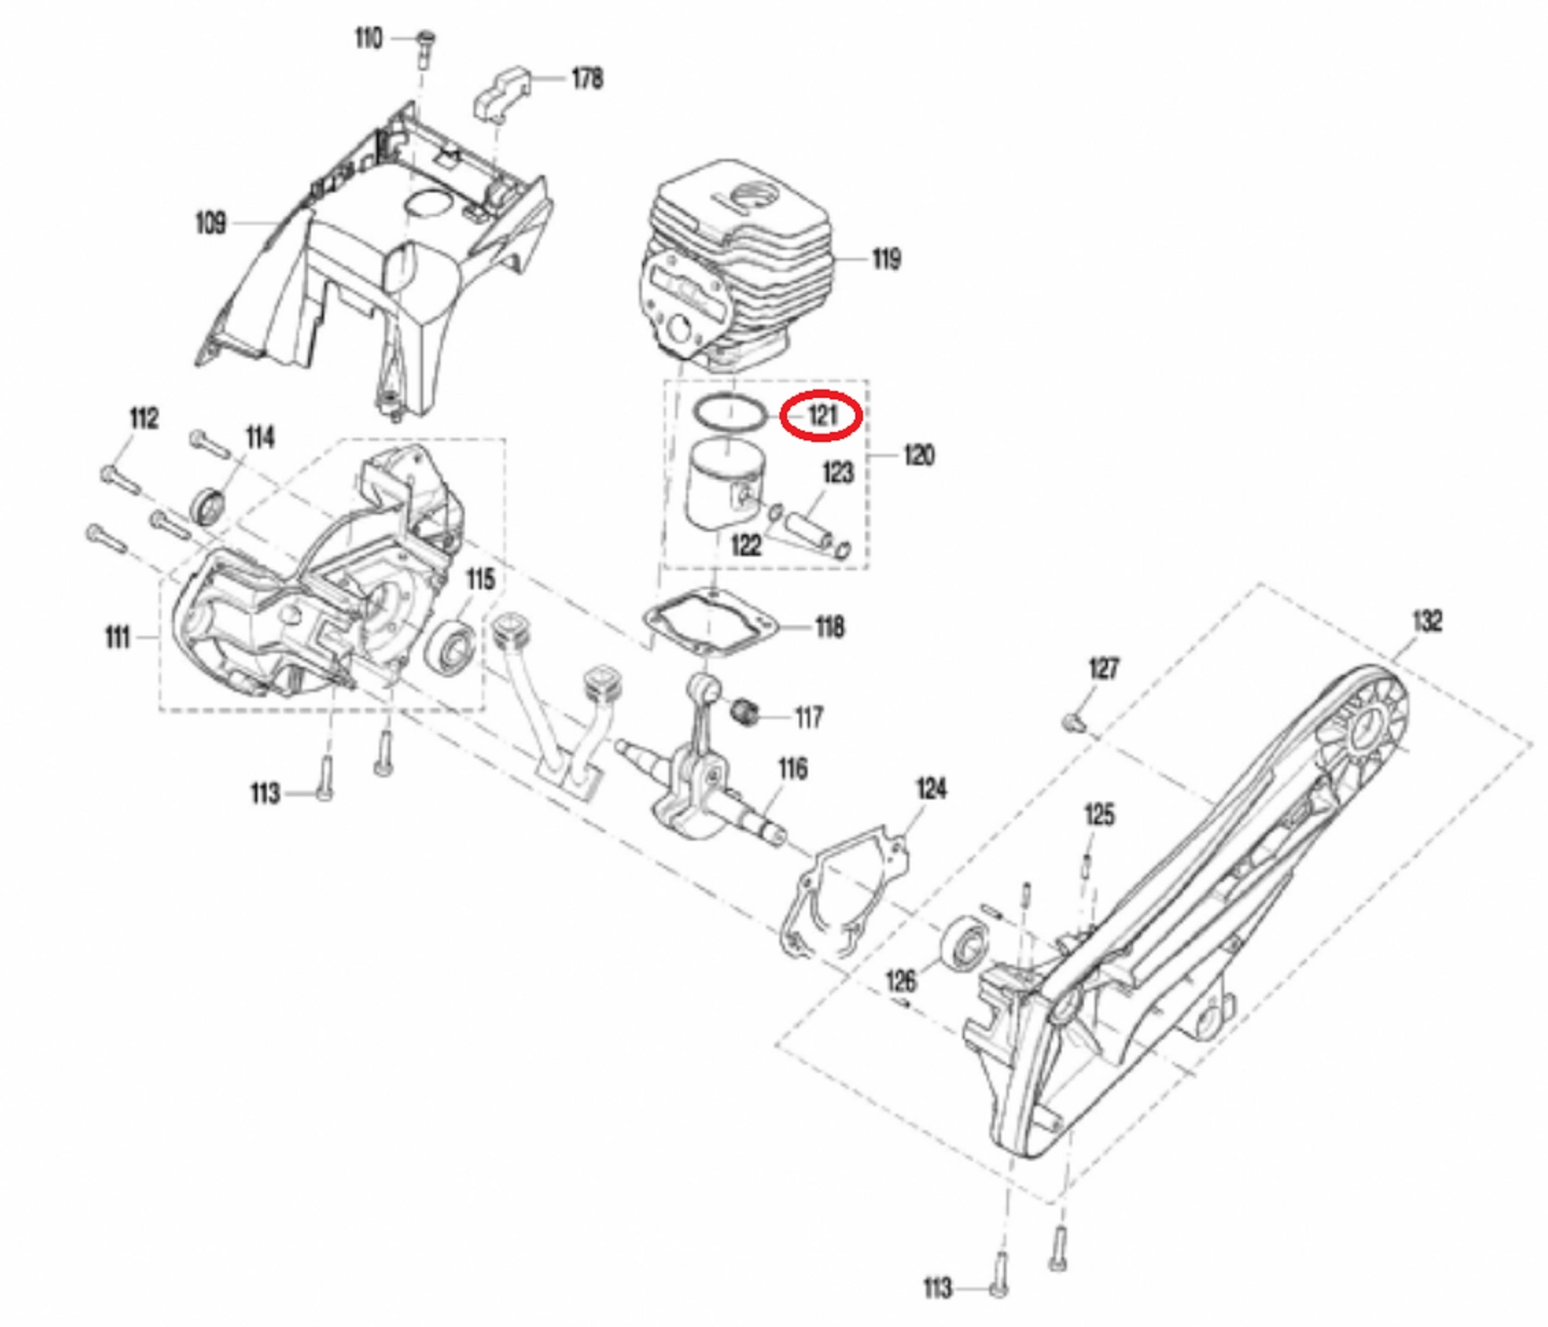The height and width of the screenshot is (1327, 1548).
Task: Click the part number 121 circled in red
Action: click(x=822, y=416)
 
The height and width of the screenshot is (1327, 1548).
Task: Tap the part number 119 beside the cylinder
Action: click(x=886, y=259)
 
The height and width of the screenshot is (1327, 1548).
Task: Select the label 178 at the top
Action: click(x=587, y=78)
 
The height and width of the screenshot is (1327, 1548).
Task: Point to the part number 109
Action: click(x=211, y=224)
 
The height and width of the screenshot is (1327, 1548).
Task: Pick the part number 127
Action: click(x=1104, y=668)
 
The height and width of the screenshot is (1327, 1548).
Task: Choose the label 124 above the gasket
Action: click(x=931, y=789)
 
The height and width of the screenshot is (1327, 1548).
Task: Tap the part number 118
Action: click(x=830, y=627)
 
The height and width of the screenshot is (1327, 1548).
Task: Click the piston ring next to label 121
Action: click(x=729, y=413)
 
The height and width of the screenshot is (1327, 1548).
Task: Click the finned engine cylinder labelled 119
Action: click(x=735, y=263)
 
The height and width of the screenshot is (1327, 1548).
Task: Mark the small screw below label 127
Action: click(x=1074, y=723)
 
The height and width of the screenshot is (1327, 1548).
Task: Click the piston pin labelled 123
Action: click(x=810, y=531)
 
